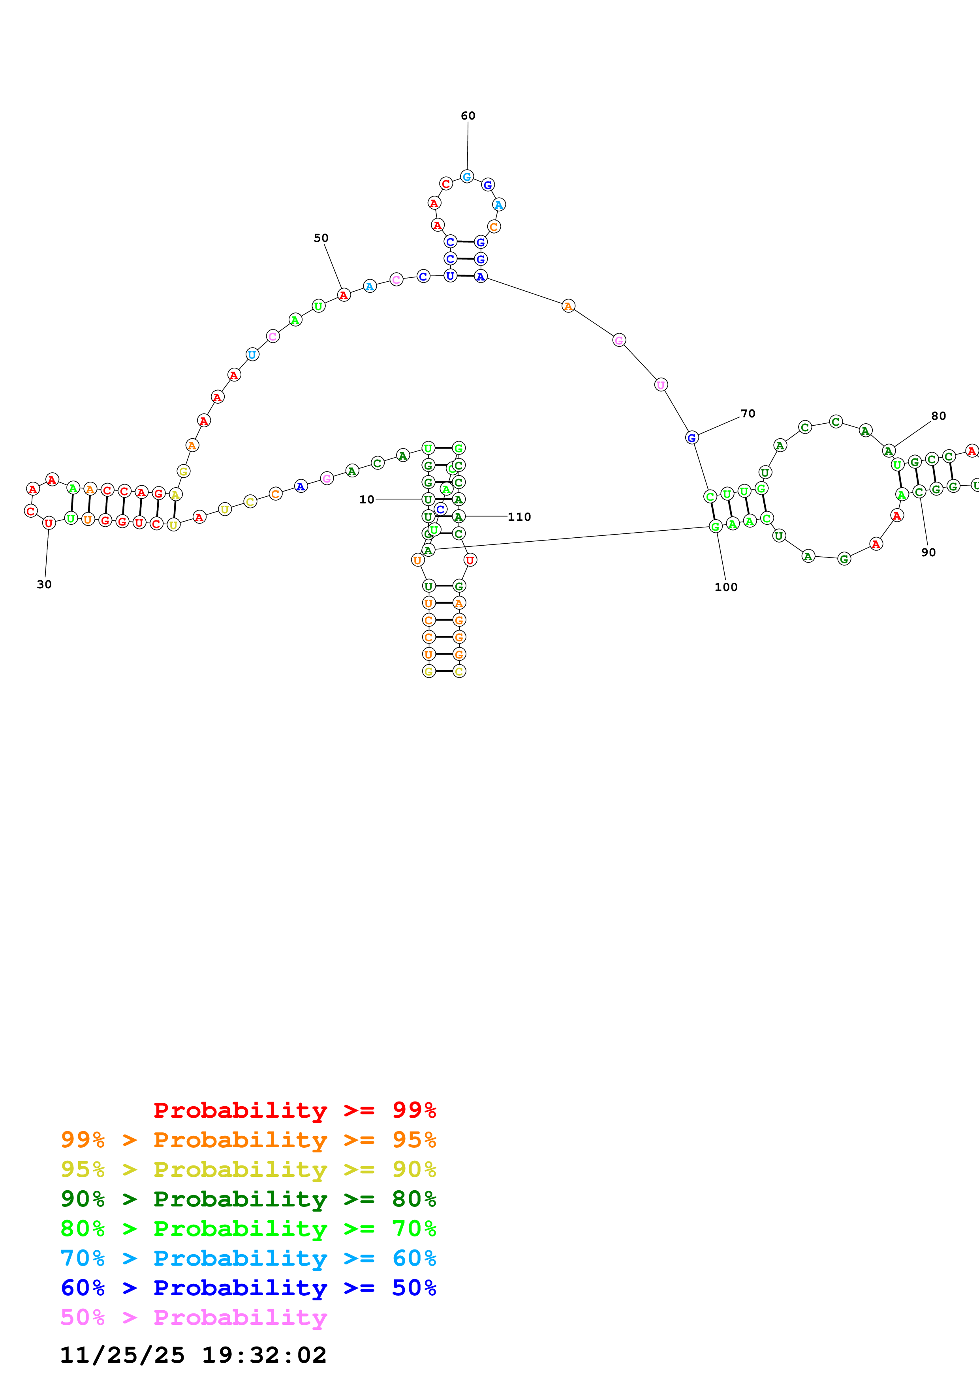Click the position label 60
[468, 116]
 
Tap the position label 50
[321, 238]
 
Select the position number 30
[44, 584]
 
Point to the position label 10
[366, 499]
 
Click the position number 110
[519, 516]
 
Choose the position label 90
[928, 552]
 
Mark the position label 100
[725, 587]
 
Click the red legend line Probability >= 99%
[294, 1110]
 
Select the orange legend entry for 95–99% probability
[248, 1139]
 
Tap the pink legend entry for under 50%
[194, 1317]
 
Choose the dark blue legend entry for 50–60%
[248, 1288]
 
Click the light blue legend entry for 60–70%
[248, 1258]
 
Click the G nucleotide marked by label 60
[467, 177]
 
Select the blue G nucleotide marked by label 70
[692, 438]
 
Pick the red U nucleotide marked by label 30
[49, 523]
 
